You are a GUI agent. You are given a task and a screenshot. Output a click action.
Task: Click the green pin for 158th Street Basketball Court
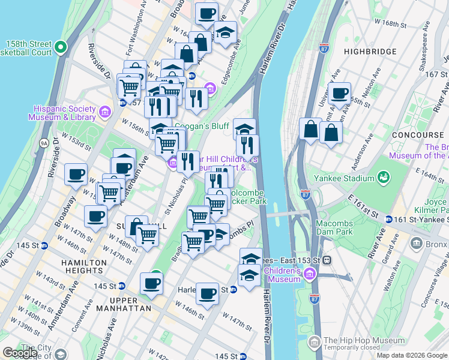click(x=61, y=47)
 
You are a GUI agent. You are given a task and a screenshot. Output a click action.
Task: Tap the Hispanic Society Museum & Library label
click(x=65, y=113)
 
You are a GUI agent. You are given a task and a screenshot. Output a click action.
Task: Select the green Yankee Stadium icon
click(x=382, y=178)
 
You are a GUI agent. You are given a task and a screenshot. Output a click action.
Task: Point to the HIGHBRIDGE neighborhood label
click(x=371, y=52)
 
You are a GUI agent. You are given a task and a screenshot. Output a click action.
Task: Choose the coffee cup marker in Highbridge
click(x=340, y=93)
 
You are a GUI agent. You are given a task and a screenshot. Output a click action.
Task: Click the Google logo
click(x=20, y=352)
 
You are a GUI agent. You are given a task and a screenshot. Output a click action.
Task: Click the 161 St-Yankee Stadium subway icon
click(x=390, y=220)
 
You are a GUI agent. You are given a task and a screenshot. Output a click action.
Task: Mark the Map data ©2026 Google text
click(x=412, y=355)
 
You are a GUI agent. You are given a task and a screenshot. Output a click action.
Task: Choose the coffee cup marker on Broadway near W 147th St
click(x=95, y=217)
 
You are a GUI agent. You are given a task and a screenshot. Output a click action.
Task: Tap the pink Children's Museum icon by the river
click(x=309, y=275)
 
